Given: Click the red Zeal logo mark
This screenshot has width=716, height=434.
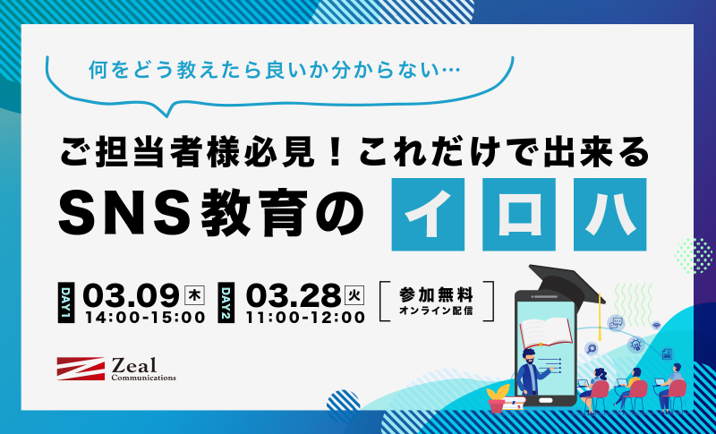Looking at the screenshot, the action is point(81,369).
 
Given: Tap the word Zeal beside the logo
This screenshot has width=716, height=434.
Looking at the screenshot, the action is point(134,365).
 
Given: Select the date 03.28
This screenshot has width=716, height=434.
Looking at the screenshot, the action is point(294,295).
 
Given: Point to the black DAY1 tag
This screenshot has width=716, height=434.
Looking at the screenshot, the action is point(66,302).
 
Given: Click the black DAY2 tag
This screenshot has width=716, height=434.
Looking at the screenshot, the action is point(226,302).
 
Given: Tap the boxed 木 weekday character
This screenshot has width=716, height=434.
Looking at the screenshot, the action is point(194,295).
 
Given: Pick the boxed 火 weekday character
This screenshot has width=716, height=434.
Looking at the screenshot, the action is point(355,295).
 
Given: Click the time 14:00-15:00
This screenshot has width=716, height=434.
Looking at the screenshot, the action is point(144,318).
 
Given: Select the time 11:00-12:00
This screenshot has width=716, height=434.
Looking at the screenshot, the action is point(305,318).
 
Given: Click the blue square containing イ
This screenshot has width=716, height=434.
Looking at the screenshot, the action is point(428,214).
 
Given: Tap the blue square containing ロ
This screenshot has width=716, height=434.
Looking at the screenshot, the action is point(519,214).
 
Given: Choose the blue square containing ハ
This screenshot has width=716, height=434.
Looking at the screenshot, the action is point(610,214).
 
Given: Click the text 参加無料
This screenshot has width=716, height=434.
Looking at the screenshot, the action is point(436,295).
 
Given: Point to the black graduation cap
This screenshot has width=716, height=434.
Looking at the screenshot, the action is point(567,283).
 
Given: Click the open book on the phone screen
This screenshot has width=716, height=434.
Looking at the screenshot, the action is point(546,332).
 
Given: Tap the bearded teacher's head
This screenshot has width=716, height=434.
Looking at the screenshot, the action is point(530,357).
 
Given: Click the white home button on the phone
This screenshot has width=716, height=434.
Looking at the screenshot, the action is point(546,401).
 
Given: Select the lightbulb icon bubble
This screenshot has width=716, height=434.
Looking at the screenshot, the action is point(635,344).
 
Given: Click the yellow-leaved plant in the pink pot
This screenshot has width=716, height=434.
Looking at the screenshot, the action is point(498,398).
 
